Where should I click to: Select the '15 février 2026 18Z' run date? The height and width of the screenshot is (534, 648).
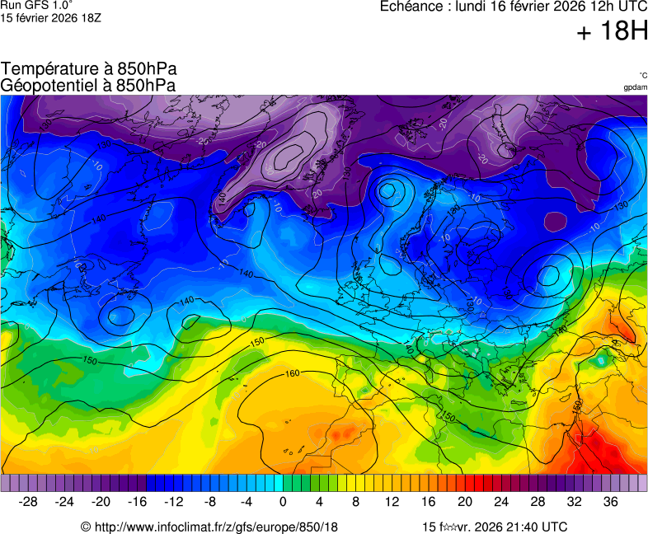tap(50, 18)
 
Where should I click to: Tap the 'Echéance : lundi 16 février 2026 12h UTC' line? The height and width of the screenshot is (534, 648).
tap(513, 7)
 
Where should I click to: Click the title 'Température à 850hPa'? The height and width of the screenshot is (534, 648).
tap(89, 69)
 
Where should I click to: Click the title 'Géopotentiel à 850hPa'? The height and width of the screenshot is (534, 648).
tap(88, 85)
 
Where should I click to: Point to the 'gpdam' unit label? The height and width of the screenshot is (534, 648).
tap(635, 87)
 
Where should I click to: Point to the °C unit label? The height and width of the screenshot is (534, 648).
tap(642, 76)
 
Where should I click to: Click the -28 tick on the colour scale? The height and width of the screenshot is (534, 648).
tap(29, 502)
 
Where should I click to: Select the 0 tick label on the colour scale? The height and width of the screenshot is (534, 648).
tap(283, 502)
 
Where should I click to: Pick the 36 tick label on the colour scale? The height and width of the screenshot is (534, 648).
tap(610, 502)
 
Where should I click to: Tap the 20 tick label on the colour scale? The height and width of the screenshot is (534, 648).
tap(465, 502)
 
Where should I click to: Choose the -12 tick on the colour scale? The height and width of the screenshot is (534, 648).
tap(174, 502)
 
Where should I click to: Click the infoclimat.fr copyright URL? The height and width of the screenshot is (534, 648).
tap(209, 527)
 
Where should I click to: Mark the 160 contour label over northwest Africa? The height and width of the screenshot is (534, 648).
tap(291, 374)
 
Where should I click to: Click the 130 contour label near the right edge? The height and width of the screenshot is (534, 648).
tap(622, 204)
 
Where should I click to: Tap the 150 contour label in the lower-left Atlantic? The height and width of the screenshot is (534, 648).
tap(90, 361)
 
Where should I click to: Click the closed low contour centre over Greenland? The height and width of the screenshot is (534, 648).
tap(289, 154)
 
